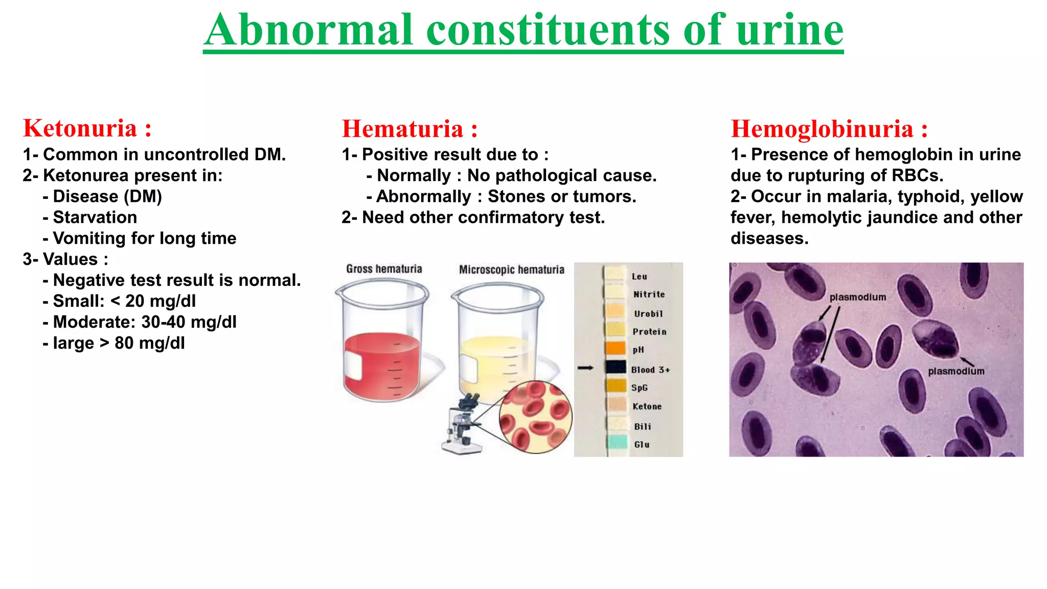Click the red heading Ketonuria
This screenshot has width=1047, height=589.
(x=80, y=128)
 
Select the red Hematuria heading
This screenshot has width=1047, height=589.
(x=402, y=129)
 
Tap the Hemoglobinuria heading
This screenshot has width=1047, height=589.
(x=822, y=129)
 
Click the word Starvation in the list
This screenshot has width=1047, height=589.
(x=95, y=217)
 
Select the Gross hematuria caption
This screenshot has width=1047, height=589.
(x=384, y=269)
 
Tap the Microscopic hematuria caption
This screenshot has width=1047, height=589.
(x=511, y=269)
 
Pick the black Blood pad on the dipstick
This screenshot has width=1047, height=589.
(x=616, y=367)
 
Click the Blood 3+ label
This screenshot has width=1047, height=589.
(x=650, y=370)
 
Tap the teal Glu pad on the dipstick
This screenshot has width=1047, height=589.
(x=617, y=442)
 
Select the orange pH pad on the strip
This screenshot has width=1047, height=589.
(x=616, y=348)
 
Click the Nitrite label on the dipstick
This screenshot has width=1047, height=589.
(x=649, y=294)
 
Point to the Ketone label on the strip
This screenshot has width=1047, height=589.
(x=647, y=406)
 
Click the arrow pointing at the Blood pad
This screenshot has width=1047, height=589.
(x=585, y=368)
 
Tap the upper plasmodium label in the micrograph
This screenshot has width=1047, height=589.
(x=857, y=297)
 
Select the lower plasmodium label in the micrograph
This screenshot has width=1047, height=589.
(x=956, y=371)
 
